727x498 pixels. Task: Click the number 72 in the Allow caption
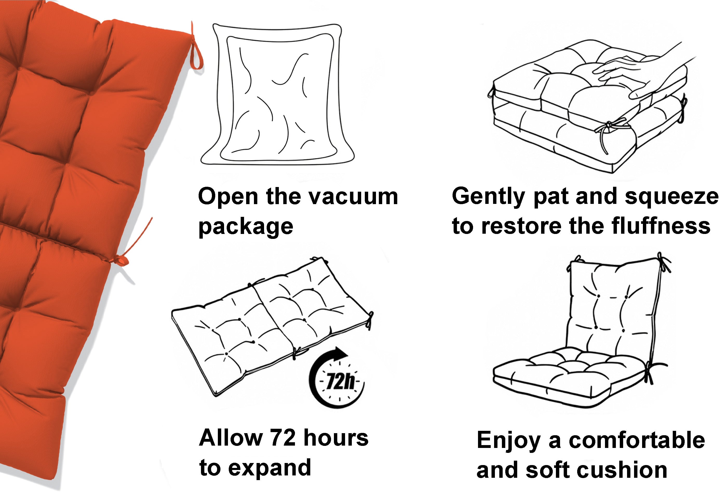click(x=283, y=438)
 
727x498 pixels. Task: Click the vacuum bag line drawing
click(x=277, y=94)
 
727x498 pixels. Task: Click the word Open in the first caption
click(x=228, y=197)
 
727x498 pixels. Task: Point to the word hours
click(x=336, y=438)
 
